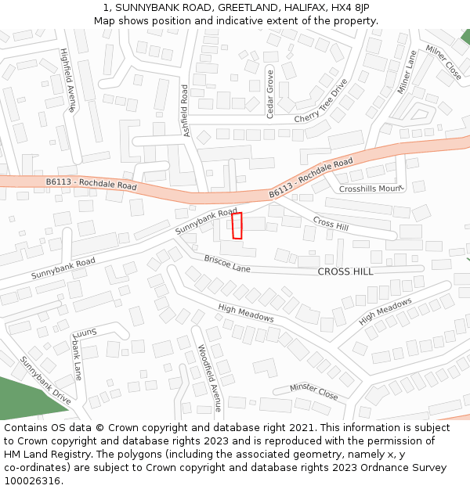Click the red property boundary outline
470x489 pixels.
[x=237, y=225]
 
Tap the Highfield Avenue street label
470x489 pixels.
[x=68, y=81]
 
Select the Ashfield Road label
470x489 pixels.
[x=186, y=110]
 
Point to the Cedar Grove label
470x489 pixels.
[x=270, y=93]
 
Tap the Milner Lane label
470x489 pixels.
[x=407, y=72]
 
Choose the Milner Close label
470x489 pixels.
[x=443, y=62]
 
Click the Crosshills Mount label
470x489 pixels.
[x=370, y=189]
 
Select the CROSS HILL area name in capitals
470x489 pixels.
[x=345, y=271]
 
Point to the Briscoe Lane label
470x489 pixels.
[x=227, y=263]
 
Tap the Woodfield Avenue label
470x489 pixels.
[x=210, y=378]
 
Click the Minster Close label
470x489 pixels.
[x=313, y=391]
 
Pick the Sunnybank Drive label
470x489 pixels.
[x=45, y=380]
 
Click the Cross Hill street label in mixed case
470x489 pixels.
[x=330, y=223]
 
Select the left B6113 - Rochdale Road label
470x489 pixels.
[x=91, y=185]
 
